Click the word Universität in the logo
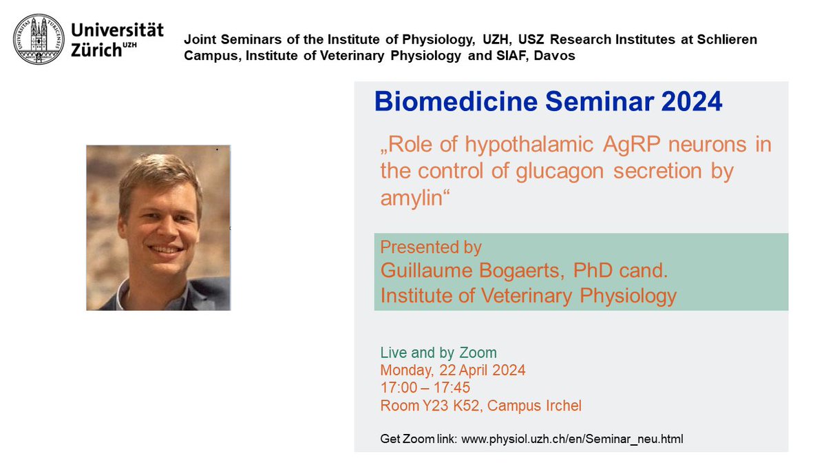pyautogui.click(x=118, y=30)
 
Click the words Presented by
pyautogui.click(x=431, y=247)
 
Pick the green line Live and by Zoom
pyautogui.click(x=438, y=353)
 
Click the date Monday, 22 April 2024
pyautogui.click(x=453, y=370)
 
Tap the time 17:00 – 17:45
pyautogui.click(x=425, y=388)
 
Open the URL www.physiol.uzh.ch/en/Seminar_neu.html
pyautogui.click(x=571, y=438)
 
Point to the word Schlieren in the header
pyautogui.click(x=728, y=40)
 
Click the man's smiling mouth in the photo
pyautogui.click(x=166, y=249)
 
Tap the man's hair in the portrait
pyautogui.click(x=158, y=172)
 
